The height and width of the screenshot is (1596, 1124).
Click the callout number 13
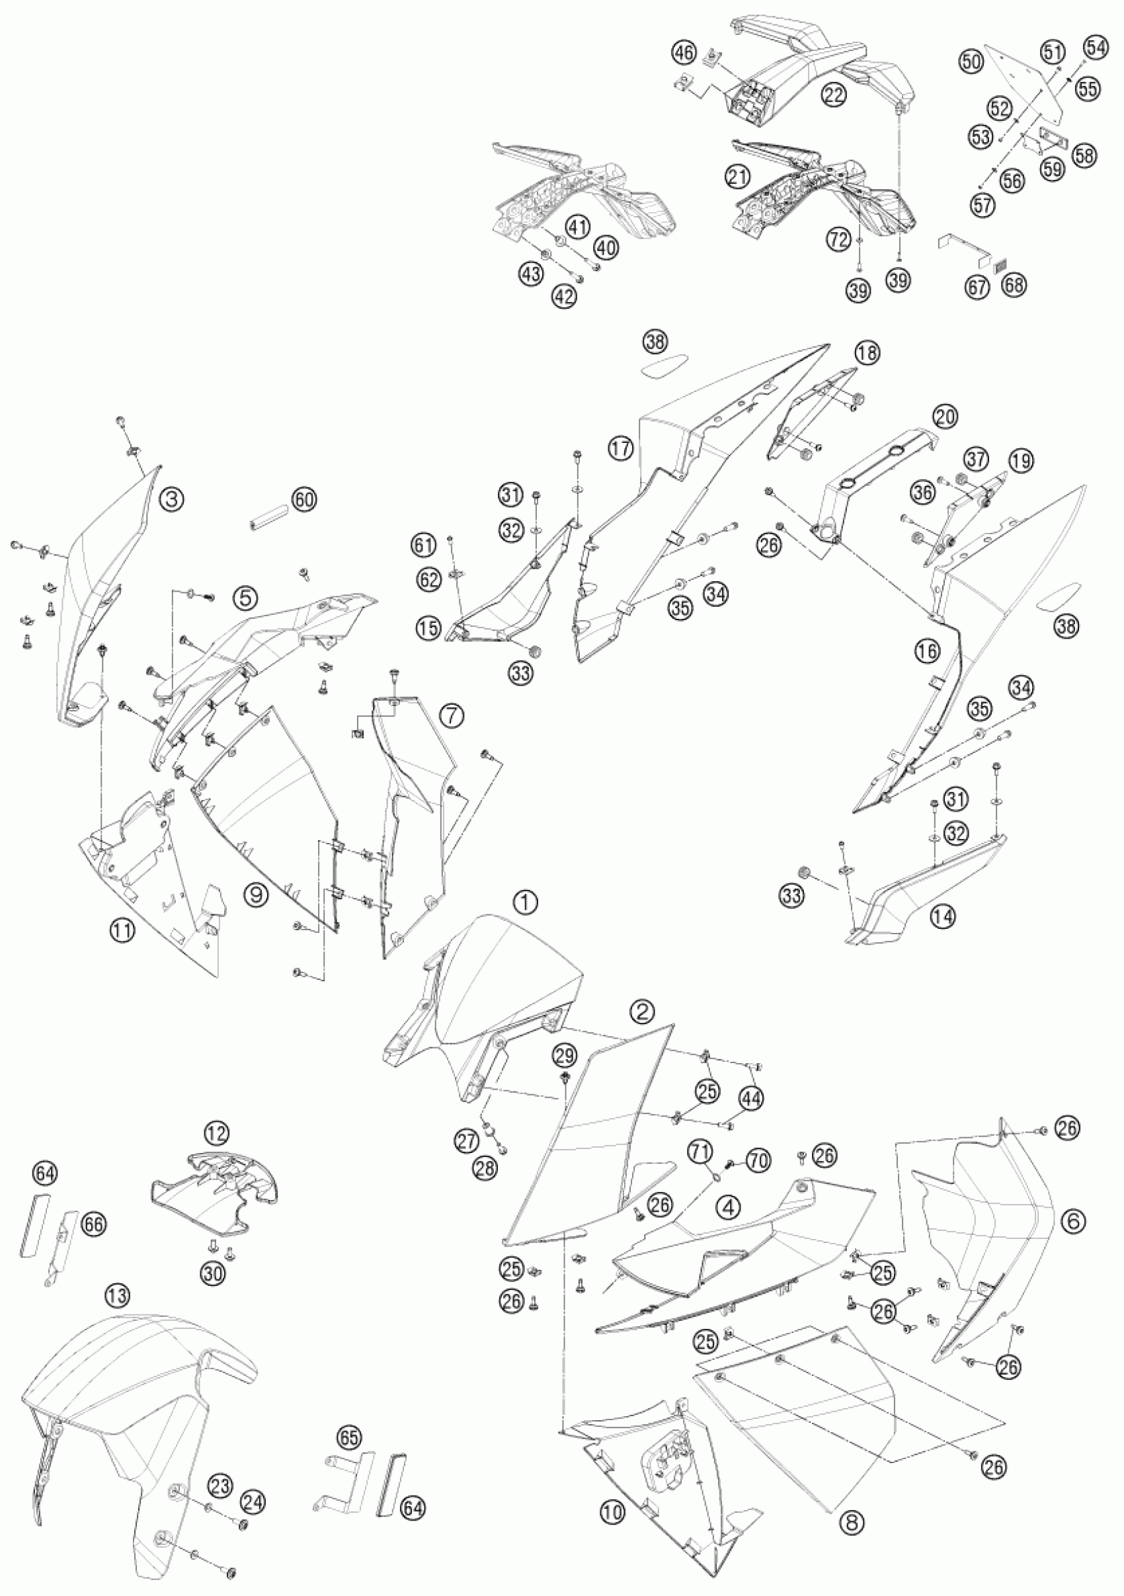pyautogui.click(x=118, y=1295)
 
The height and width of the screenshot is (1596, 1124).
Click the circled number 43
pyautogui.click(x=532, y=274)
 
